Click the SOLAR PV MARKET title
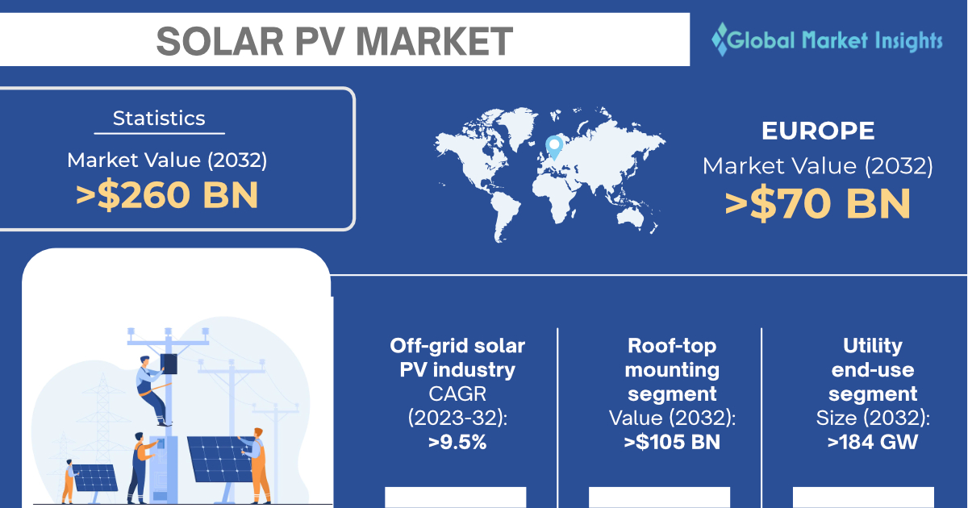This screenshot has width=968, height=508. click(335, 41)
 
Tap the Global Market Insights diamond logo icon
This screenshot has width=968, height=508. click(720, 40)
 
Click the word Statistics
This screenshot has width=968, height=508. click(159, 118)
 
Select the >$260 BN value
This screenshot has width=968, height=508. click(167, 195)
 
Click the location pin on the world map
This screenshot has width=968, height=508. click(554, 147)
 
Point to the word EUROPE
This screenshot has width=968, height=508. click(818, 131)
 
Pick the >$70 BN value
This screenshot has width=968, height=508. click(818, 203)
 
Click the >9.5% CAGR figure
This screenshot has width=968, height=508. click(457, 442)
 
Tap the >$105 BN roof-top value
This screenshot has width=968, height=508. click(672, 442)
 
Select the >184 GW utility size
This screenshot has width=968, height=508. click(873, 442)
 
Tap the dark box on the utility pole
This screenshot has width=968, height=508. click(169, 364)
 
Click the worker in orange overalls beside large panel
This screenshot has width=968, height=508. click(256, 466)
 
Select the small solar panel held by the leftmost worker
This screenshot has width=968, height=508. click(95, 477)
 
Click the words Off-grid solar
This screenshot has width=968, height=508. click(457, 346)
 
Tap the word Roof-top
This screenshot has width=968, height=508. click(672, 346)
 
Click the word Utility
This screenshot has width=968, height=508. click(873, 346)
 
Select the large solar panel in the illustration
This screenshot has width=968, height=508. click(220, 459)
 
